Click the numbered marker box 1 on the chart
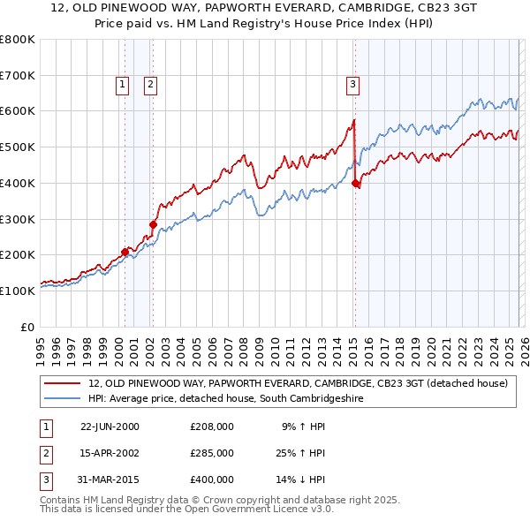tap(122, 85)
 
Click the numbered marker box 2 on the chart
tap(150, 85)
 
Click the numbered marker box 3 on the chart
tap(352, 85)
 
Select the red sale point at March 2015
tap(355, 183)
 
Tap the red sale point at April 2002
tap(153, 224)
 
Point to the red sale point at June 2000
tap(125, 252)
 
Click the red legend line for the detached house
tap(64, 384)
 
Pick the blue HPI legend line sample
tap(64, 399)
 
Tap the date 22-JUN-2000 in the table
tap(110, 427)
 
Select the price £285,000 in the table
tap(212, 453)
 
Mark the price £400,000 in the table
tap(212, 479)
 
